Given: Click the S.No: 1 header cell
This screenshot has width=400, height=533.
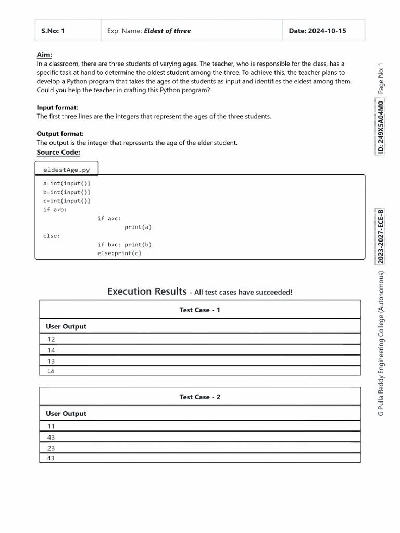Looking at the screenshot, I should coord(53,31).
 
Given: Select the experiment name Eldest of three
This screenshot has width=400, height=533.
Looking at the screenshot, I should coord(167,31).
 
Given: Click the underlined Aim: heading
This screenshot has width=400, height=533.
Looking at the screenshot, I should coord(44,55).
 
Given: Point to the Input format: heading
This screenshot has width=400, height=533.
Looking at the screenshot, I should coord(57,107).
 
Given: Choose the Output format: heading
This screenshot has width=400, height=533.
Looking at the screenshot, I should coord(60,134).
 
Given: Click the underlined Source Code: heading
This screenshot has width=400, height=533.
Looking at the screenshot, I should coord(58,152).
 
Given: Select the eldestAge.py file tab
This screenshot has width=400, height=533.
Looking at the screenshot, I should coord(66,170).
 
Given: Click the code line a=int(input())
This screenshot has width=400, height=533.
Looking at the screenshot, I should coord(67,183).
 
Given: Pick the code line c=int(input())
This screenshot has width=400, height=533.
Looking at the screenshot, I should coord(67,201).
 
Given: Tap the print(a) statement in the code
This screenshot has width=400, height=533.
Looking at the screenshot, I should coord(138,227).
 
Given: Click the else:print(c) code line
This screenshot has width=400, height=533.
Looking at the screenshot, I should coord(119,253).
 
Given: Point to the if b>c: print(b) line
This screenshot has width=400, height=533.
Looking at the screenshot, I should coord(124,245).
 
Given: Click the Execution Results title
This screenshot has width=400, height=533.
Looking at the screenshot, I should coord(147,291).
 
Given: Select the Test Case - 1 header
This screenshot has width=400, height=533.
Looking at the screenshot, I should coord(200,310).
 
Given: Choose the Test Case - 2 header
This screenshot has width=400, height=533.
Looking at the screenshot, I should coord(200,397).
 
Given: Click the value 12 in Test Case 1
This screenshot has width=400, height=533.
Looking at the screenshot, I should coord(51,339).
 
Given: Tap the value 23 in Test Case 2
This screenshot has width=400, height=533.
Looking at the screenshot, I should coord(51,448).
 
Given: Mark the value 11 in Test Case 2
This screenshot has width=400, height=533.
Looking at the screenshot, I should coord(51,426).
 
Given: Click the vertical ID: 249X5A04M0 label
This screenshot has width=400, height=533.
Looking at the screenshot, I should coord(381,128).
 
